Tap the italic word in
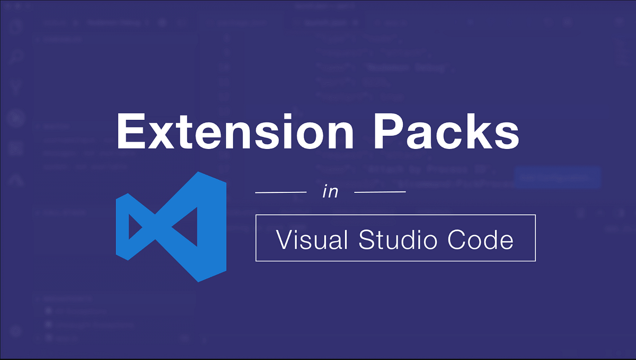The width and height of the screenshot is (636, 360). coord(330,191)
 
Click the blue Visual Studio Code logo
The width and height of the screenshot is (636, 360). coord(171,226)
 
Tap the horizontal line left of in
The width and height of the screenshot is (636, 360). coord(281,192)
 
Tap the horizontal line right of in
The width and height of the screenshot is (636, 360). coord(379,192)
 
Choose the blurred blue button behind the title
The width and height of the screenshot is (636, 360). coord(556,178)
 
